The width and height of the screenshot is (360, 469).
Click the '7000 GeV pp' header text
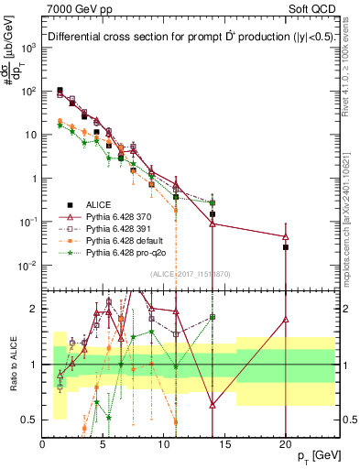[79, 10]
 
